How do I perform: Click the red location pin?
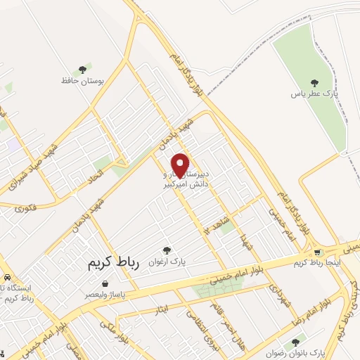point(181,165)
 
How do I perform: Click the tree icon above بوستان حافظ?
point(84,69)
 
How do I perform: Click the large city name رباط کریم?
point(114,263)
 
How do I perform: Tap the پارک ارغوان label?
point(166,262)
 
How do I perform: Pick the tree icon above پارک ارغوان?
point(167,250)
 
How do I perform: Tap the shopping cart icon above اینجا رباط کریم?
point(318,252)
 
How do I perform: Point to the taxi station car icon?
point(6,278)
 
